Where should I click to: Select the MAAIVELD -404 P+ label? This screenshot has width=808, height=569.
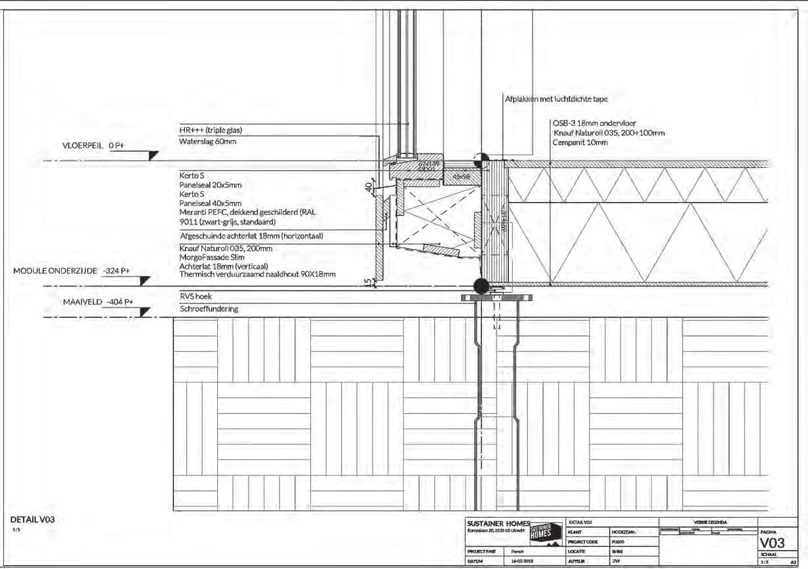[x=98, y=302]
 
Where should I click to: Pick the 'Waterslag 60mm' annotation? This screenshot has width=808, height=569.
[x=208, y=142]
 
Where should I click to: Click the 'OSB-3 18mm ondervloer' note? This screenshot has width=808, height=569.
[x=594, y=123]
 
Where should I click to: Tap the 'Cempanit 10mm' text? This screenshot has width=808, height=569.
[x=580, y=142]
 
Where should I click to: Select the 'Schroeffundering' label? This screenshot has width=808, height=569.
[x=209, y=309]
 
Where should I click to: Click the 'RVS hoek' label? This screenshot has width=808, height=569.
[x=195, y=296]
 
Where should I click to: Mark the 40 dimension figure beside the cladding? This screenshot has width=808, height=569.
[x=369, y=187]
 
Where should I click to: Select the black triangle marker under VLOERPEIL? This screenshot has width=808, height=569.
[x=153, y=155]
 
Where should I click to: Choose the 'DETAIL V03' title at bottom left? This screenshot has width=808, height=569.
[x=32, y=519]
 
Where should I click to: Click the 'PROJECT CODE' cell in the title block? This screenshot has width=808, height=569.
[x=583, y=542]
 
